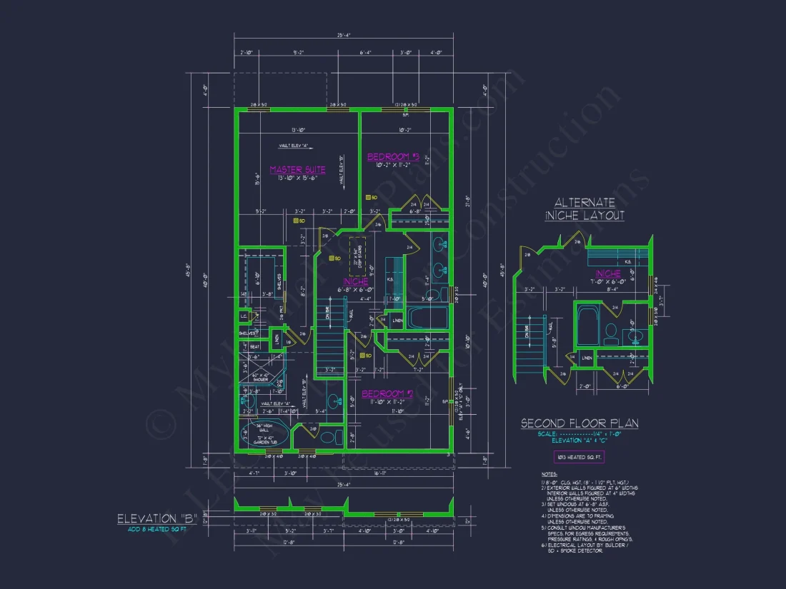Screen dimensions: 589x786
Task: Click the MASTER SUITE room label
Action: pyautogui.click(x=297, y=170)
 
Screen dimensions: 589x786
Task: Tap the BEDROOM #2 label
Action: pyautogui.click(x=388, y=393)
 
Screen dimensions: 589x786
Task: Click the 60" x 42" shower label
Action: pyautogui.click(x=261, y=378)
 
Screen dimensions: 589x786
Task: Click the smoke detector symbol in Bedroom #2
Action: pyautogui.click(x=367, y=355)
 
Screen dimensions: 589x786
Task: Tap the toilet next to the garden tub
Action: pyautogui.click(x=328, y=436)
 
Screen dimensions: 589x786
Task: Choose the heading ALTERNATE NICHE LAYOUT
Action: pyautogui.click(x=585, y=209)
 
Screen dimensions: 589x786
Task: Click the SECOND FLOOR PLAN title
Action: pyautogui.click(x=579, y=423)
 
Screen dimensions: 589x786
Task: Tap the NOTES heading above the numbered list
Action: pyautogui.click(x=549, y=474)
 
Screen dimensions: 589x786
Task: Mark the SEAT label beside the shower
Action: pyautogui.click(x=254, y=346)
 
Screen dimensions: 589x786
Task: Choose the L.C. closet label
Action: pyautogui.click(x=244, y=316)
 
